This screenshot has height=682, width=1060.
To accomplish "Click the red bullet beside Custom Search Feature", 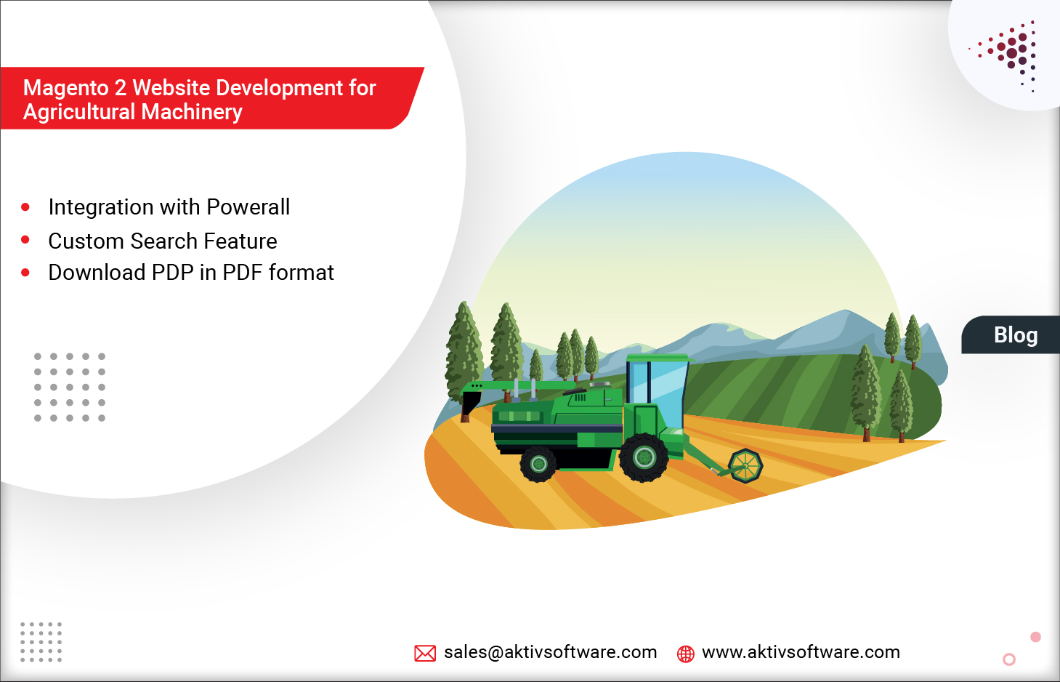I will point(25,240).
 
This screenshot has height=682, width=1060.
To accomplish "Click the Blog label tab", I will point(1015,335).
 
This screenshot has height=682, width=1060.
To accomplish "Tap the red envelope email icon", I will point(425,653).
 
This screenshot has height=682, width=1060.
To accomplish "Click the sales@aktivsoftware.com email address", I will point(550,652).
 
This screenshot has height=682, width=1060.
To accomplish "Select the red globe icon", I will point(685,654).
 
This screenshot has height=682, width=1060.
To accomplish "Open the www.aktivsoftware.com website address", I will point(801,652).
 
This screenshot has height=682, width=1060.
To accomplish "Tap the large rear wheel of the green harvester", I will point(644,457).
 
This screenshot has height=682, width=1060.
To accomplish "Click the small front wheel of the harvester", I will point(538,464).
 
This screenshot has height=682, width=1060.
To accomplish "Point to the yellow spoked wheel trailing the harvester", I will point(745,465).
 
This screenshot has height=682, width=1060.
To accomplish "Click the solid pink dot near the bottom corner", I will point(1035,637).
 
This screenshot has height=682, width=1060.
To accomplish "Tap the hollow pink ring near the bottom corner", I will point(1008,659).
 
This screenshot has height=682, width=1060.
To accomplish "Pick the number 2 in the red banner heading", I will point(120,88).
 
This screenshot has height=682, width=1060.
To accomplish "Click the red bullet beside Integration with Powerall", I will point(25,207).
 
